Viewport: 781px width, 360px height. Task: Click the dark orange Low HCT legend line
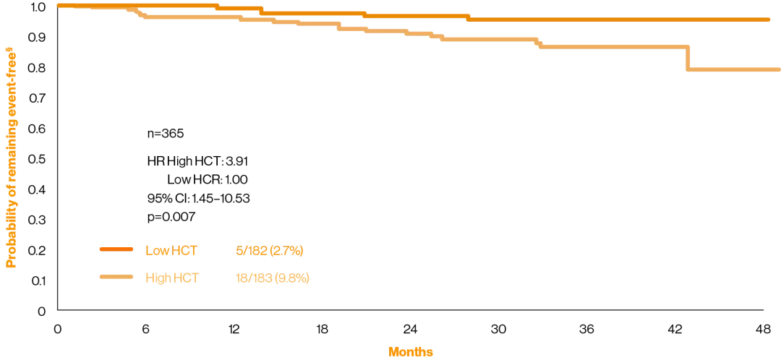click(116, 250)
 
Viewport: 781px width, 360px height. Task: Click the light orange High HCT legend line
click(116, 278)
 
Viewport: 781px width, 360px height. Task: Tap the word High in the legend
click(158, 278)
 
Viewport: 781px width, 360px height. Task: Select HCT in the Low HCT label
click(184, 251)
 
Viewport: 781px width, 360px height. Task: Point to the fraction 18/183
click(254, 278)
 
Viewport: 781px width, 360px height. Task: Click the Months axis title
click(411, 352)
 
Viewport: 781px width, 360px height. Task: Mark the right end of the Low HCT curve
click(769, 20)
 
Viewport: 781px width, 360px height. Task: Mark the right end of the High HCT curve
click(779, 69)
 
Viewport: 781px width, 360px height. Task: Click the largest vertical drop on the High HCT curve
click(687, 58)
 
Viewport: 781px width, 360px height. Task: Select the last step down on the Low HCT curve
click(469, 17)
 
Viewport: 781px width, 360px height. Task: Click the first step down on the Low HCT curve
click(217, 7)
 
